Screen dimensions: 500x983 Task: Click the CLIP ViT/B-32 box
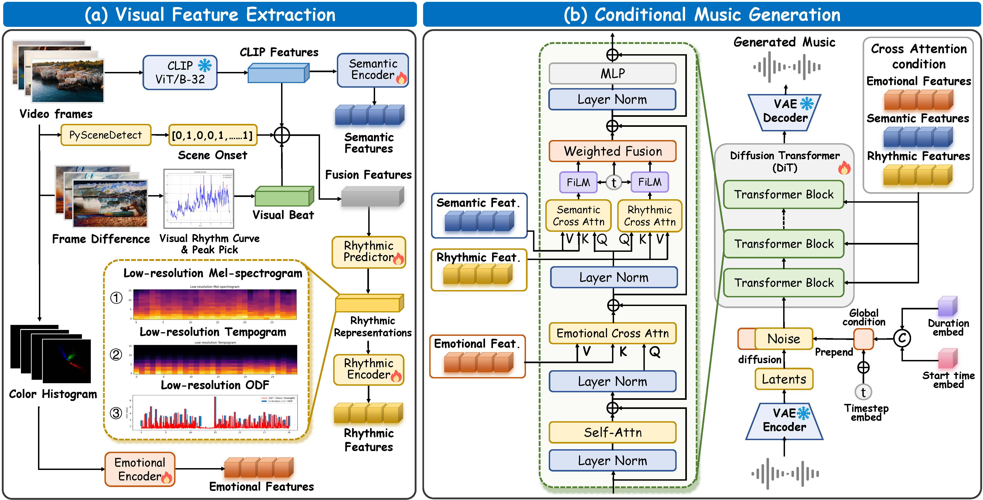pyautogui.click(x=180, y=73)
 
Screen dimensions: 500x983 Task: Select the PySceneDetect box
pyautogui.click(x=106, y=135)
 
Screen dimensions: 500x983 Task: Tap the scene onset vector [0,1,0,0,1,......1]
pyautogui.click(x=213, y=135)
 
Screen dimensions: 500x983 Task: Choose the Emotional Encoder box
pyautogui.click(x=140, y=469)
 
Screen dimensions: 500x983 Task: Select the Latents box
pyautogui.click(x=784, y=379)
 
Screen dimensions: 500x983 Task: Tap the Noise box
pyautogui.click(x=784, y=339)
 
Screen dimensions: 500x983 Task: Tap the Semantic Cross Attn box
pyautogui.click(x=578, y=216)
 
